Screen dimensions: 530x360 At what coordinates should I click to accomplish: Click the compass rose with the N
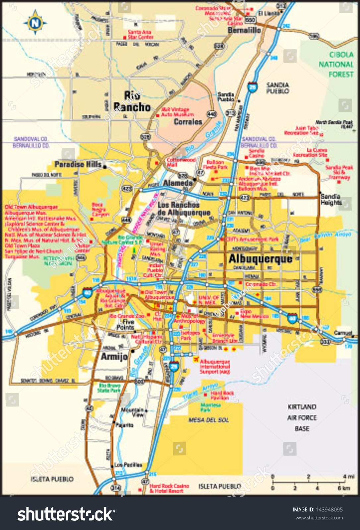pyautogui.click(x=35, y=23)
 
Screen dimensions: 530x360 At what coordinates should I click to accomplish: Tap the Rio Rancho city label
pyautogui.click(x=132, y=102)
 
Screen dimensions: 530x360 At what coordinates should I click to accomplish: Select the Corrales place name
pyautogui.click(x=188, y=122)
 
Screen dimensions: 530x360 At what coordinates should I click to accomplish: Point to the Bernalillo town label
pyautogui.click(x=244, y=30)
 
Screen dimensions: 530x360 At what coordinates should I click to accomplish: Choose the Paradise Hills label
pyautogui.click(x=78, y=164)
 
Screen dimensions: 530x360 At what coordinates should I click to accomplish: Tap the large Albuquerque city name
pyautogui.click(x=261, y=259)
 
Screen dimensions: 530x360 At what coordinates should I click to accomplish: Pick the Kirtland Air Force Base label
pyautogui.click(x=302, y=418)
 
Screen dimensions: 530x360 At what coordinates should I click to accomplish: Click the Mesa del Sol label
pyautogui.click(x=209, y=420)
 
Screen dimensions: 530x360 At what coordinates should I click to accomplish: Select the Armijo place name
pyautogui.click(x=114, y=356)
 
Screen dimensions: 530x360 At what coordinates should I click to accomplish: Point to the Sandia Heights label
pyautogui.click(x=330, y=199)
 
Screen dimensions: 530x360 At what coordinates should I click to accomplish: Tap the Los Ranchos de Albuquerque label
pyautogui.click(x=184, y=209)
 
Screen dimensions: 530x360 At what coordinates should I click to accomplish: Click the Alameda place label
pyautogui.click(x=178, y=183)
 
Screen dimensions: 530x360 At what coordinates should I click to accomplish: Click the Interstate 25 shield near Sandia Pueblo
pyautogui.click(x=253, y=87)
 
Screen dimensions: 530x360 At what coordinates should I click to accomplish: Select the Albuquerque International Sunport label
pyautogui.click(x=214, y=367)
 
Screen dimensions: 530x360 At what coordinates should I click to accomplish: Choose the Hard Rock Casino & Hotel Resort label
pyautogui.click(x=169, y=488)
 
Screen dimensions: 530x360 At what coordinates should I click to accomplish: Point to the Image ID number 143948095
pyautogui.click(x=317, y=509)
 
